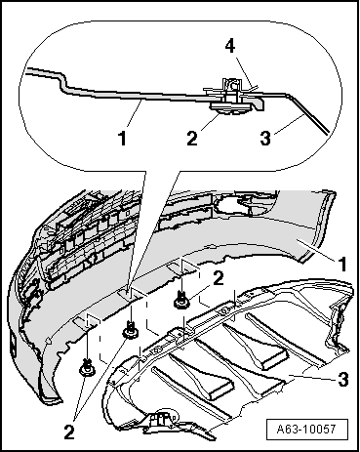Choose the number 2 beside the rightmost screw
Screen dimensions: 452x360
coord(220,278)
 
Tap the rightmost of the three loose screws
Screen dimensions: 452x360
coord(180,301)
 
